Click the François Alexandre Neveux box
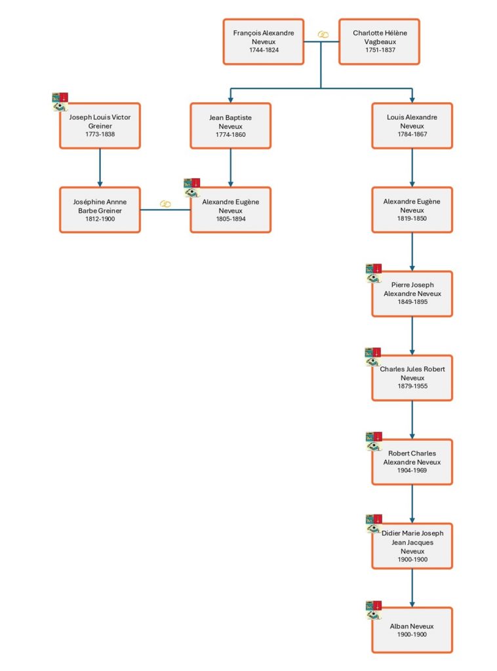pyautogui.click(x=264, y=41)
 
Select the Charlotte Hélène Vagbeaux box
pyautogui.click(x=379, y=41)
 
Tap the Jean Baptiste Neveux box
pyautogui.click(x=230, y=126)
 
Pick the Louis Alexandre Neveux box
pyautogui.click(x=412, y=126)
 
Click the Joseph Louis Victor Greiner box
pyautogui.click(x=100, y=126)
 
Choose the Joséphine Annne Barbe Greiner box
pyautogui.click(x=100, y=210)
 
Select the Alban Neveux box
pyautogui.click(x=412, y=630)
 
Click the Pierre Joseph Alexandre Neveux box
pyautogui.click(x=412, y=294)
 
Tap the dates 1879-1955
pyautogui.click(x=412, y=386)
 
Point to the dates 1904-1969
pyautogui.click(x=412, y=470)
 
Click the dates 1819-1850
pyautogui.click(x=412, y=218)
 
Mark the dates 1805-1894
pyautogui.click(x=231, y=219)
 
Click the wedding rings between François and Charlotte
pyautogui.click(x=323, y=35)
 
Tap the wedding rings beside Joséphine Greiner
pyautogui.click(x=165, y=204)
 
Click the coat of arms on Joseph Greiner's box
pyautogui.click(x=60, y=102)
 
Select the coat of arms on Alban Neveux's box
pyautogui.click(x=374, y=610)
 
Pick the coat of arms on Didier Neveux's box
pyautogui.click(x=374, y=524)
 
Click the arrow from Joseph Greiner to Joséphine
pyautogui.click(x=100, y=168)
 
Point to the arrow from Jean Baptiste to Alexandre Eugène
pyautogui.click(x=230, y=168)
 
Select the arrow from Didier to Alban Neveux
pyautogui.click(x=412, y=588)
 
